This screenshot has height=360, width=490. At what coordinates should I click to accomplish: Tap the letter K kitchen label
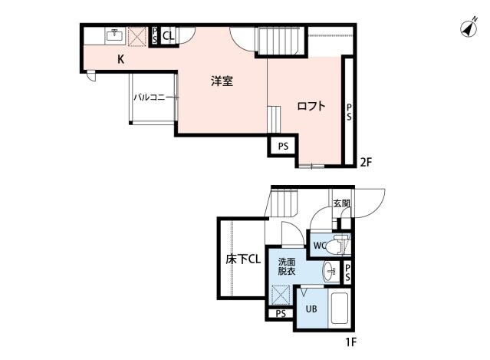[x=121, y=60]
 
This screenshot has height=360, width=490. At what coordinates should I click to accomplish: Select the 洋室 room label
[x=222, y=80]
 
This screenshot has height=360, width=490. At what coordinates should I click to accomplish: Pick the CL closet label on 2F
[x=169, y=35]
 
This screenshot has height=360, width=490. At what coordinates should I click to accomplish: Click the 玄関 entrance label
[x=341, y=203]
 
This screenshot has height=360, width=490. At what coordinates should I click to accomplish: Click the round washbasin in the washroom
[x=330, y=271]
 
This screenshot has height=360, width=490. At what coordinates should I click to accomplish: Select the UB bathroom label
[x=311, y=309]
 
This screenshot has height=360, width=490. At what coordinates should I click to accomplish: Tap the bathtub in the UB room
[x=340, y=309]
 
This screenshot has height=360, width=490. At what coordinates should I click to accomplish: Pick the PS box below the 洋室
[x=282, y=145]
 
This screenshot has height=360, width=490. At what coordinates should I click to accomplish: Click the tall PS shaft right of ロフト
[x=349, y=113]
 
